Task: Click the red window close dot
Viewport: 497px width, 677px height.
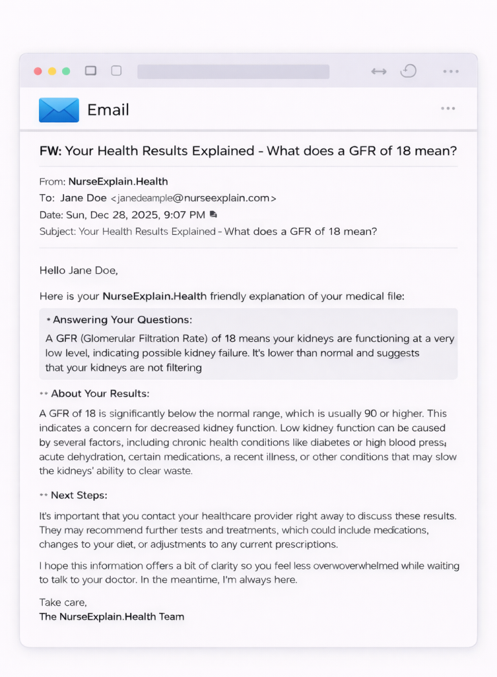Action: tap(38, 71)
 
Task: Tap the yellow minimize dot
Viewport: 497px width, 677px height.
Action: tap(52, 71)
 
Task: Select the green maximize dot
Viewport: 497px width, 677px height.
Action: tap(66, 71)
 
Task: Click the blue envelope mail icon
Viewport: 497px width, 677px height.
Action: tap(59, 110)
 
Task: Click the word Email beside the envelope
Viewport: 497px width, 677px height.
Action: tap(108, 110)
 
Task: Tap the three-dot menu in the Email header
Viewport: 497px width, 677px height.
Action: tap(448, 108)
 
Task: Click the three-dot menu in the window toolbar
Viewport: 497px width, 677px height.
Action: tap(451, 71)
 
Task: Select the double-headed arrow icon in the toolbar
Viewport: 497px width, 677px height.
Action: tap(379, 71)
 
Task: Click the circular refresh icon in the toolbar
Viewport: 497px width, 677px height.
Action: tap(408, 71)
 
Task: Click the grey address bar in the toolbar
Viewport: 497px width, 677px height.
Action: tap(233, 71)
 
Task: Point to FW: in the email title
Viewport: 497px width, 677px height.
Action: tap(50, 151)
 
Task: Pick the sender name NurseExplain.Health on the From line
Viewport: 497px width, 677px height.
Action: tap(118, 182)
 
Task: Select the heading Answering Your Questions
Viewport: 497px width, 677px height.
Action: tap(122, 320)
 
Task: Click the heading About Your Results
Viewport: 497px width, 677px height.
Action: tap(100, 394)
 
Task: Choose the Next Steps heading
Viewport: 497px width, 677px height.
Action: tap(79, 495)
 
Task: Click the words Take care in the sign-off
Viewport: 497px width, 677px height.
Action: tap(63, 602)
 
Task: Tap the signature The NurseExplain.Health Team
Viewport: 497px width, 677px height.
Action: tap(111, 616)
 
